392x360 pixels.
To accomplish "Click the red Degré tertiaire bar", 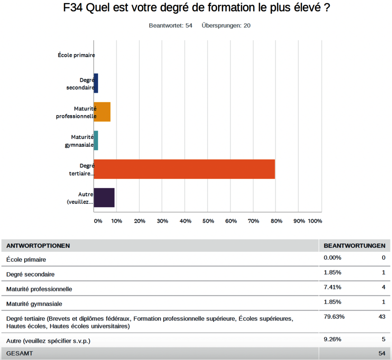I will click(x=184, y=169).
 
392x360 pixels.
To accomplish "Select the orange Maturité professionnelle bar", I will click(x=102, y=112).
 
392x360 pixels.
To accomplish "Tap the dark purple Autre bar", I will click(x=104, y=197).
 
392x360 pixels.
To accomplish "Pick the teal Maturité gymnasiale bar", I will click(x=96, y=140).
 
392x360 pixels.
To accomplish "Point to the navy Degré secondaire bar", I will click(x=96, y=83).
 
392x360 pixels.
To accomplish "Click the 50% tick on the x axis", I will click(x=208, y=221).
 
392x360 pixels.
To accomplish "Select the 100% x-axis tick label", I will click(x=315, y=221).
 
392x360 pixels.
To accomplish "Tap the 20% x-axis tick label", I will click(x=139, y=221).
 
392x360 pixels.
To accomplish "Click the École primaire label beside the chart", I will click(x=76, y=55).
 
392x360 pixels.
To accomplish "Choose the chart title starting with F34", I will click(x=197, y=8).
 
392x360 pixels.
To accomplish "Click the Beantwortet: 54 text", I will click(x=170, y=25).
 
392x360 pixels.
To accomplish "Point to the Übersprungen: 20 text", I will click(x=226, y=25).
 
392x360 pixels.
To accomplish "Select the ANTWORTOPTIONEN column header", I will click(x=38, y=245).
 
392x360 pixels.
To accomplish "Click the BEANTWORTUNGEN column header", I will click(x=354, y=245).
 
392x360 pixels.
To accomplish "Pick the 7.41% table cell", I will click(x=332, y=287).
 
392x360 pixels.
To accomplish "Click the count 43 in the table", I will click(x=382, y=316).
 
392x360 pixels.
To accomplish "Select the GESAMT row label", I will click(x=18, y=353).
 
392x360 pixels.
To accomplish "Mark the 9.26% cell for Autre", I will click(x=332, y=340).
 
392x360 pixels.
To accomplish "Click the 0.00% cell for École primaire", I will click(x=332, y=258).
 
